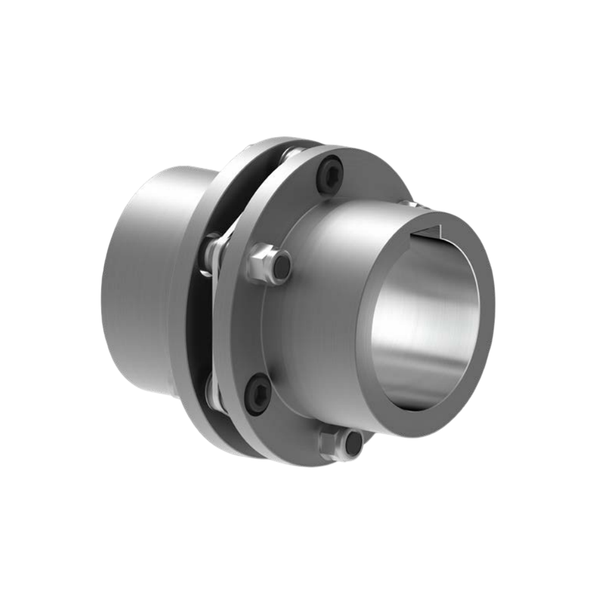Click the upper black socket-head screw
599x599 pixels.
[x=331, y=175]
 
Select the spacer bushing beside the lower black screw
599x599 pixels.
[x=213, y=391]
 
